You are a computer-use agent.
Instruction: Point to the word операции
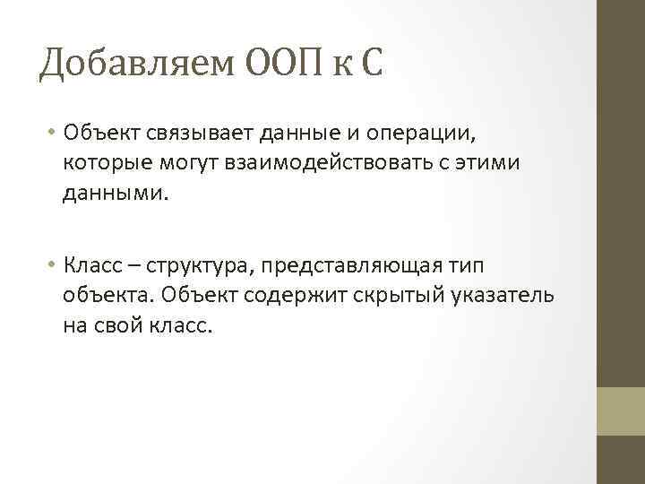pos(421,134)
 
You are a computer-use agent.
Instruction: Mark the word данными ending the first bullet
pos(112,191)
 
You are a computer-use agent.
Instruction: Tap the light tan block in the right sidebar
pos(621,411)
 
